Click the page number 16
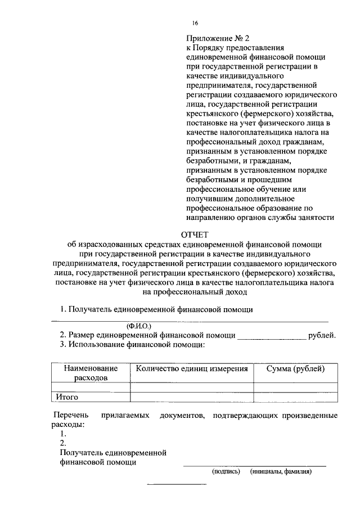click(195, 23)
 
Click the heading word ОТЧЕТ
click(195, 235)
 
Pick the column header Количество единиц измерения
click(191, 369)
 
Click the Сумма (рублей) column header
click(295, 369)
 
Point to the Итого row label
click(66, 397)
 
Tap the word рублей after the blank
click(323, 335)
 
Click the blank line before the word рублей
click(271, 338)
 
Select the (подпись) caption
click(226, 472)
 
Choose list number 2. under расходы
click(64, 443)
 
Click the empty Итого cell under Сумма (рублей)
click(295, 397)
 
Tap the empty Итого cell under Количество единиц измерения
click(191, 397)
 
